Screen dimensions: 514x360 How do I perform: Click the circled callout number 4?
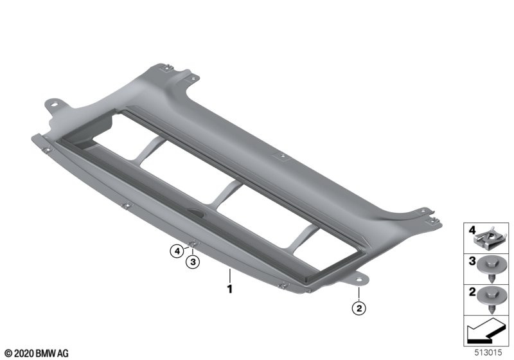(x=177, y=251)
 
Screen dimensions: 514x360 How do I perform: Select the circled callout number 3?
(x=193, y=262)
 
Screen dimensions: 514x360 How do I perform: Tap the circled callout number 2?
(x=359, y=308)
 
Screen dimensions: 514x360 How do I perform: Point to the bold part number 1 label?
(x=230, y=289)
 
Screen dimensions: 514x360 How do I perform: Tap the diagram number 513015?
(x=488, y=352)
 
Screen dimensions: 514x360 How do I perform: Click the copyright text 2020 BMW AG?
(x=37, y=353)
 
